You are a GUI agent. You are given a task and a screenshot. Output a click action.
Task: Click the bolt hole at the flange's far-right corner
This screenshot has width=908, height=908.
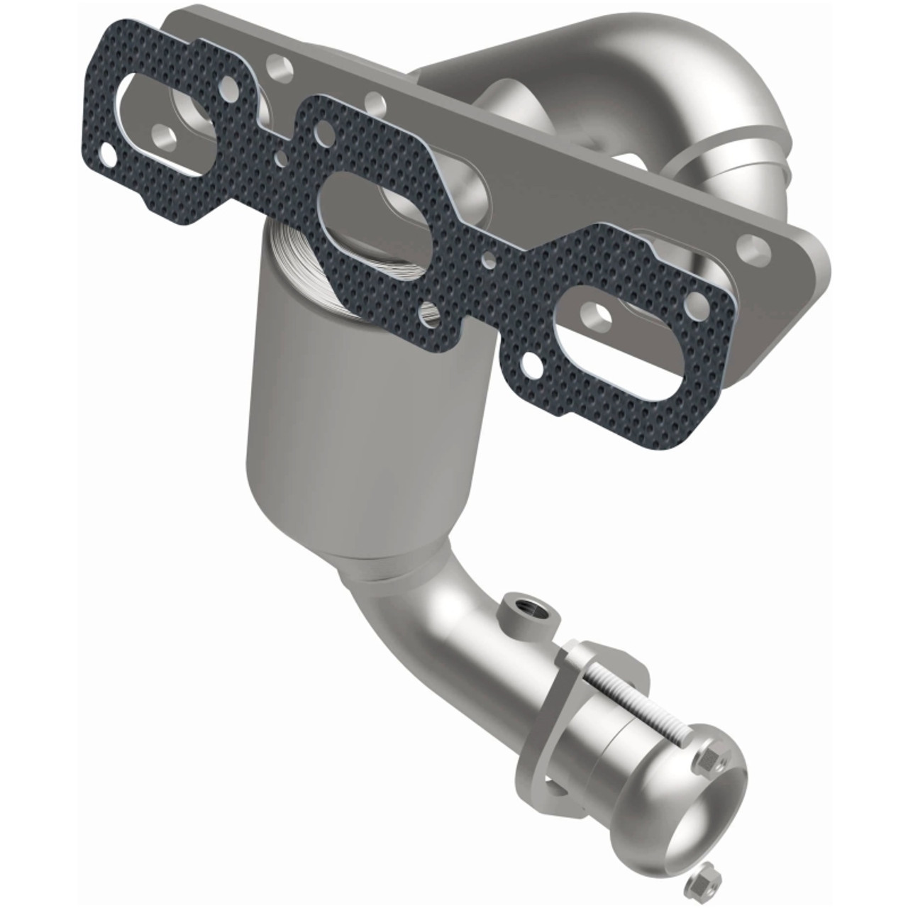754,249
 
